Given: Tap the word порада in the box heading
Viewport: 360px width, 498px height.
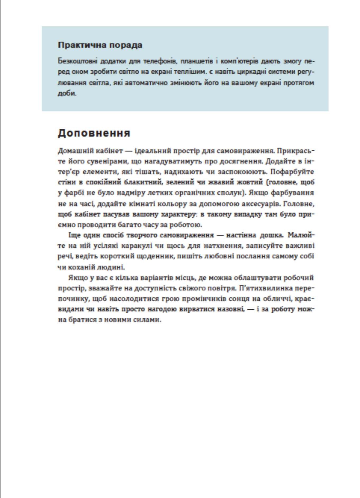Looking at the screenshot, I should tap(126, 45).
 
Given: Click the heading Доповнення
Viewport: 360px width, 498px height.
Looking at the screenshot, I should tap(94, 133).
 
